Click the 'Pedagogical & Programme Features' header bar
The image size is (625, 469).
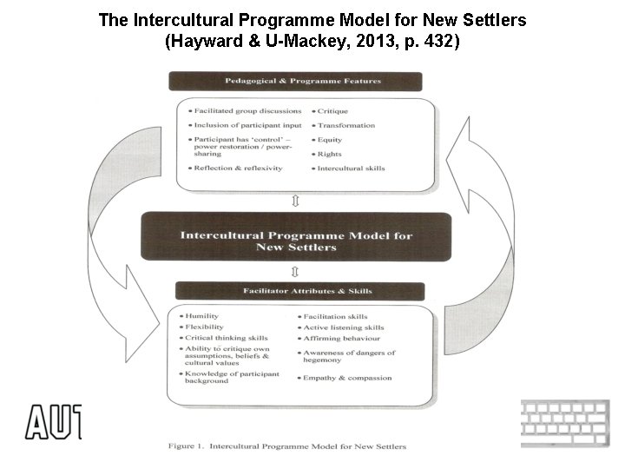coord(295,82)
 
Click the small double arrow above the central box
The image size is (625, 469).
coord(296,201)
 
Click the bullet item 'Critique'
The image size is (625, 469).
coord(335,111)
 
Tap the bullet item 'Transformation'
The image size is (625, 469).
coord(345,125)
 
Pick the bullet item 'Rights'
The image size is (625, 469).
coord(331,154)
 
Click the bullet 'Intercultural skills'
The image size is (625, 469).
coord(351,168)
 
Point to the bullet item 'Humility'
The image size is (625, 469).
coord(201,316)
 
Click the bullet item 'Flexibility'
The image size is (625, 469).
coord(204,327)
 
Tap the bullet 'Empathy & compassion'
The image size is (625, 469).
coord(346,378)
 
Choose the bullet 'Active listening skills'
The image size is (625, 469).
coord(343,327)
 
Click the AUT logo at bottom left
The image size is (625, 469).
coord(53,421)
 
